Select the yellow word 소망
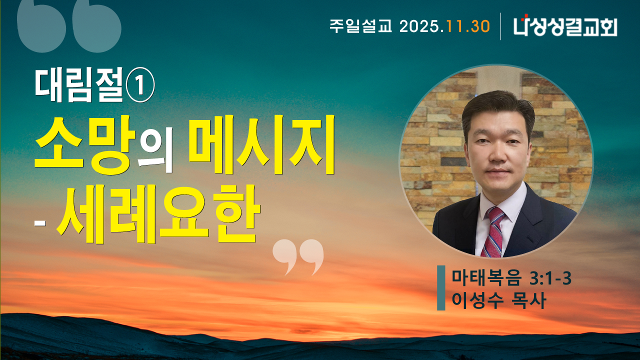85,145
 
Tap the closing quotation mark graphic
298,256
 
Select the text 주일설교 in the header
361,26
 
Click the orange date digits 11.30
468,26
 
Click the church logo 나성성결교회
565,26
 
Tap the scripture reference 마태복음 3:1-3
511,278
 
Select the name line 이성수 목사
498,300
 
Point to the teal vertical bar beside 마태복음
441,288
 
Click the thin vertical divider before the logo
501,26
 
